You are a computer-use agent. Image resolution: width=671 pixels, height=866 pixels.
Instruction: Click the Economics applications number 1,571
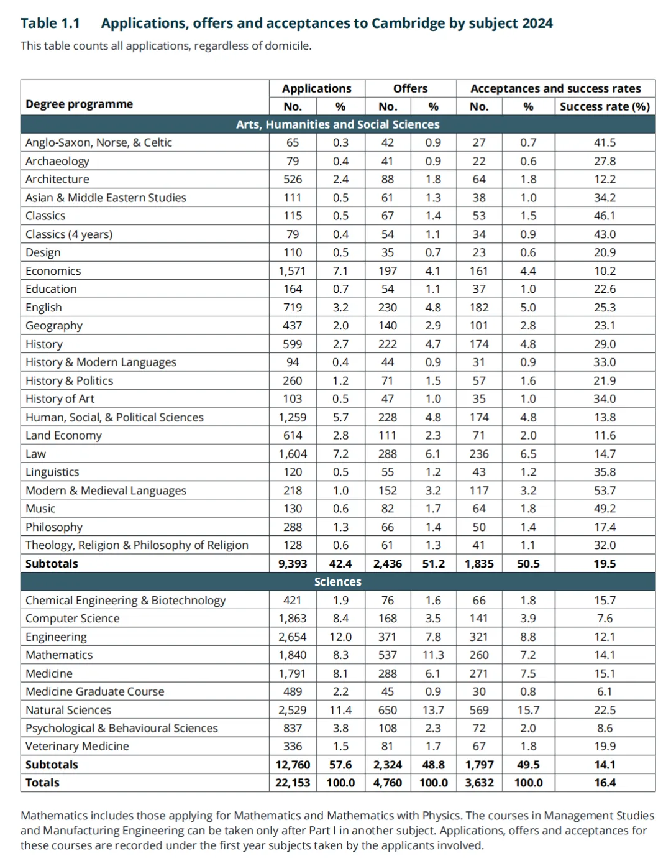coord(292,271)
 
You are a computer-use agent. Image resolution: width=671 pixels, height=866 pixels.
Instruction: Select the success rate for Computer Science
coord(605,619)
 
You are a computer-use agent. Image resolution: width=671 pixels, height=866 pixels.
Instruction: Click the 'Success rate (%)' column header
coord(605,107)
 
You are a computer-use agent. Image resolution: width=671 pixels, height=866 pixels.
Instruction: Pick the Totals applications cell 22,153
coord(293,783)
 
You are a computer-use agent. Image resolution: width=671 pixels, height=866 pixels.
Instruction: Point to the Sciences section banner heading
coord(337,582)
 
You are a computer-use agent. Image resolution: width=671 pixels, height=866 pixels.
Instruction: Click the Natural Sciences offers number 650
coord(388,710)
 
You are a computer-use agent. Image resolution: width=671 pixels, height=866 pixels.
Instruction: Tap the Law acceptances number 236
coord(479,454)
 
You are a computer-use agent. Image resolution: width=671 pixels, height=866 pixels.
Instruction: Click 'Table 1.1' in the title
coord(50,24)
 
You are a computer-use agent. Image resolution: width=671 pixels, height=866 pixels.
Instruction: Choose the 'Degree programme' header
coord(79,104)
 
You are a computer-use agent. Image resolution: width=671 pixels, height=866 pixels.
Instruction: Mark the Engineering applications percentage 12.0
coord(340,637)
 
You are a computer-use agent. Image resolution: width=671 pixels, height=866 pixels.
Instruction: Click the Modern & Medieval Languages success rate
coord(605,491)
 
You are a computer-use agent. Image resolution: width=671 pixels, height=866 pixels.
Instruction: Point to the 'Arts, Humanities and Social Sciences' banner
coord(337,125)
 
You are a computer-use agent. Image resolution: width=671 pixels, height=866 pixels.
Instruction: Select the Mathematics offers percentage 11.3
coord(433,655)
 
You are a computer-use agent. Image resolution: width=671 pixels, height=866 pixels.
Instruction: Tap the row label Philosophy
coord(54,527)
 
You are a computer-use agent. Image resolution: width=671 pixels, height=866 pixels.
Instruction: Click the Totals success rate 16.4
coord(605,783)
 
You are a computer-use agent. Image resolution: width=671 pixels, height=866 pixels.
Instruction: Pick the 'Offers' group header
coord(410,89)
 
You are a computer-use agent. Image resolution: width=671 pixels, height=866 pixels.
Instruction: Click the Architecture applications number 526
coord(292,180)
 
